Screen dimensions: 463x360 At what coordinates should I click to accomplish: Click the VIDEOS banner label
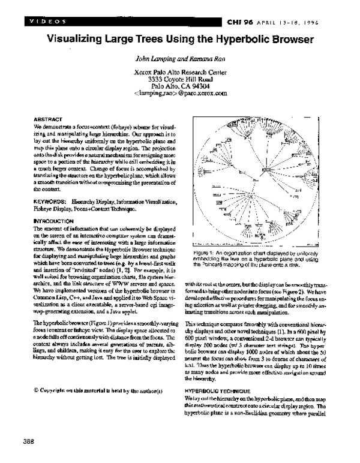pos(46,22)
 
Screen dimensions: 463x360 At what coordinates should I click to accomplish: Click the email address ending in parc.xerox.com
pos(181,94)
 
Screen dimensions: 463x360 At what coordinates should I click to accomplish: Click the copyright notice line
pos(98,374)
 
